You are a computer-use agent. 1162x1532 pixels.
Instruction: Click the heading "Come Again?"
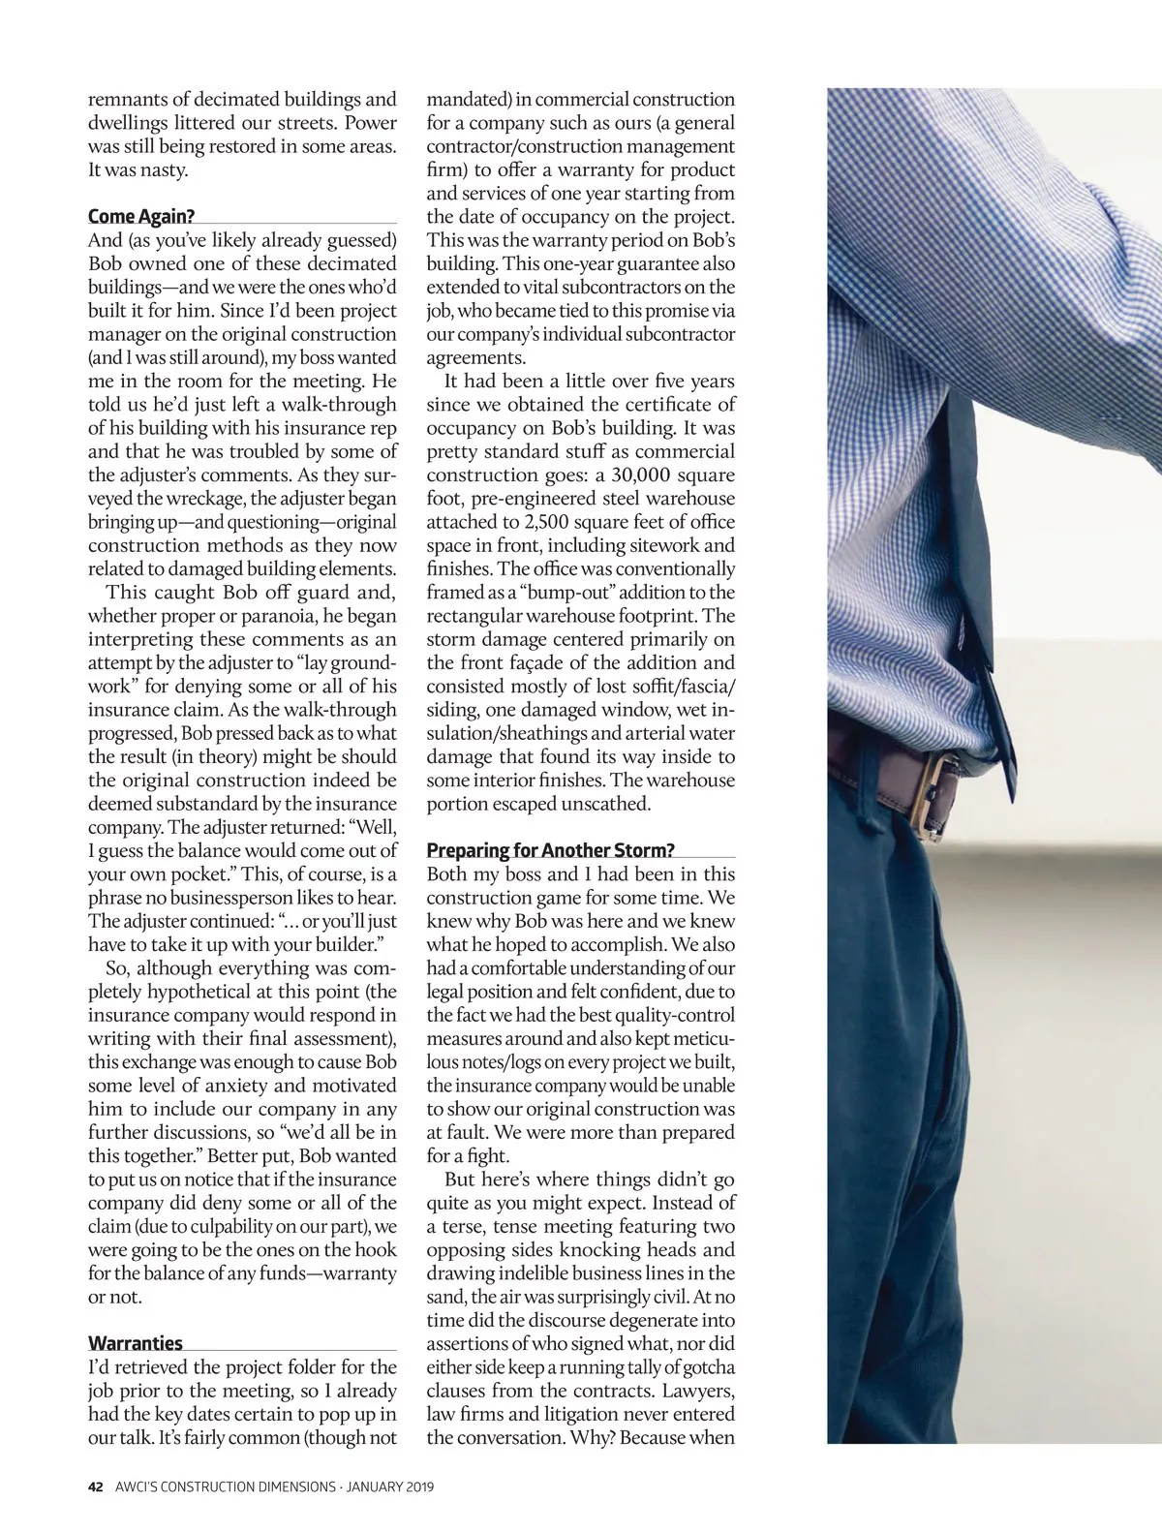[x=140, y=216]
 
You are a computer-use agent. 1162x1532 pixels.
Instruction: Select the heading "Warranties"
[x=136, y=1343]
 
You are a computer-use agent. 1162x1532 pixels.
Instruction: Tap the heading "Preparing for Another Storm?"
[x=550, y=850]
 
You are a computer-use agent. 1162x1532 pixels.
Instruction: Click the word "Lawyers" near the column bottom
[x=696, y=1392]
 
